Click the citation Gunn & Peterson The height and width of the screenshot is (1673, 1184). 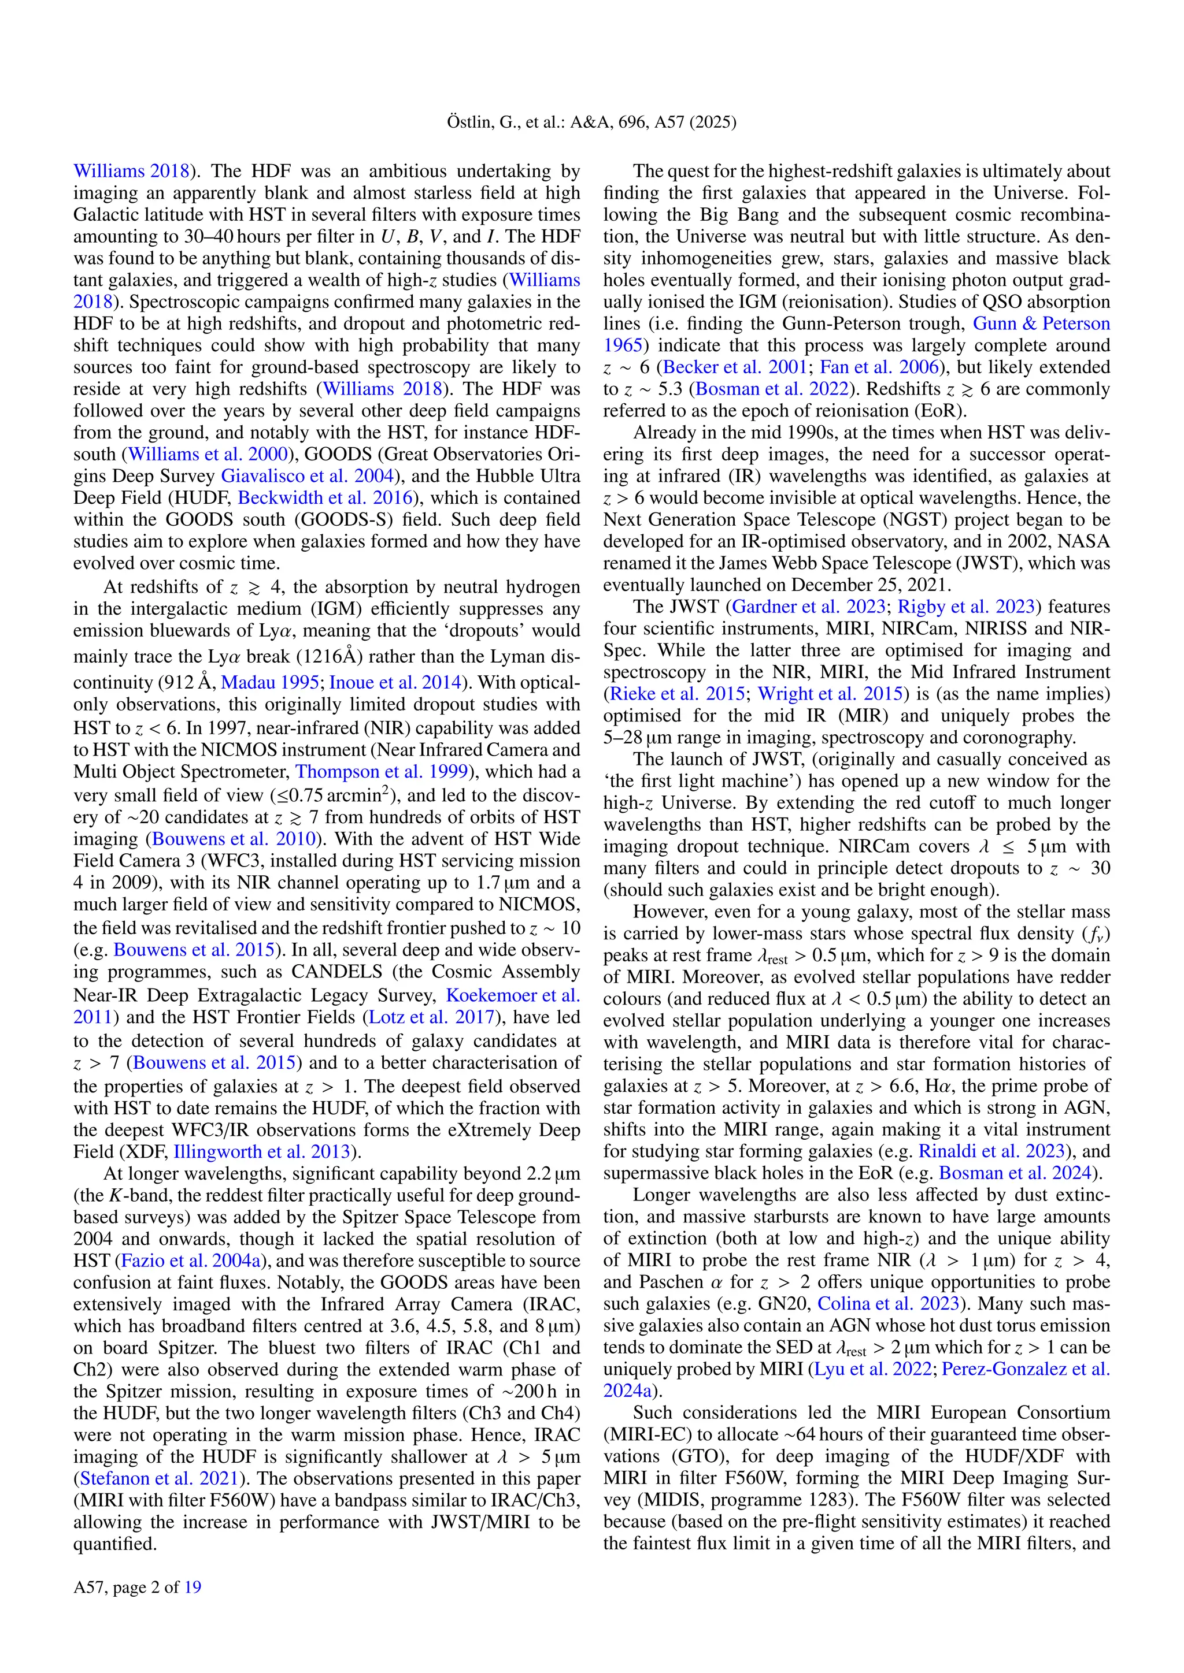tap(1041, 324)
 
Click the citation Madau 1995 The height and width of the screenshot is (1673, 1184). tap(270, 683)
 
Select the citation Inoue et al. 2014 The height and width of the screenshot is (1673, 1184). tap(396, 683)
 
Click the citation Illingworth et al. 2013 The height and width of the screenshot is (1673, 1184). tap(262, 1152)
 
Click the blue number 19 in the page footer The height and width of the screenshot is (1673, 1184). tap(193, 1587)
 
